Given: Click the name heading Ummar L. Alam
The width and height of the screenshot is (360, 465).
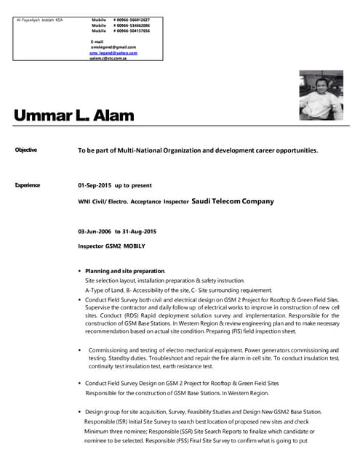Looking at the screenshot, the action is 73,116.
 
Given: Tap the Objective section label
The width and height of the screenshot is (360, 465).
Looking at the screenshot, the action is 26,150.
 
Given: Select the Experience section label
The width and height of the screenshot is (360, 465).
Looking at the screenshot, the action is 28,185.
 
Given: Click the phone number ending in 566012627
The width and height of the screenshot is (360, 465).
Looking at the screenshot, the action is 132,20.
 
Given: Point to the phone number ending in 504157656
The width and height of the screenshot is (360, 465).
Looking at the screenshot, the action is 132,31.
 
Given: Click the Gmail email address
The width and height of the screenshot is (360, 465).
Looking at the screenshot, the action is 113,47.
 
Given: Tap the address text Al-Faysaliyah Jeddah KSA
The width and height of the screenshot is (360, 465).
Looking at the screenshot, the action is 39,20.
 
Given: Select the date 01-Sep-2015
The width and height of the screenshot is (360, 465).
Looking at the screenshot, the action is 95,185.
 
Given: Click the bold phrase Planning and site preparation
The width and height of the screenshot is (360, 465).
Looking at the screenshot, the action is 125,270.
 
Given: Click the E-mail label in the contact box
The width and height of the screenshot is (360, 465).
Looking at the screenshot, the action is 97,41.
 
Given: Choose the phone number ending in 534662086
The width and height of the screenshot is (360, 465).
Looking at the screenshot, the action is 132,25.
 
